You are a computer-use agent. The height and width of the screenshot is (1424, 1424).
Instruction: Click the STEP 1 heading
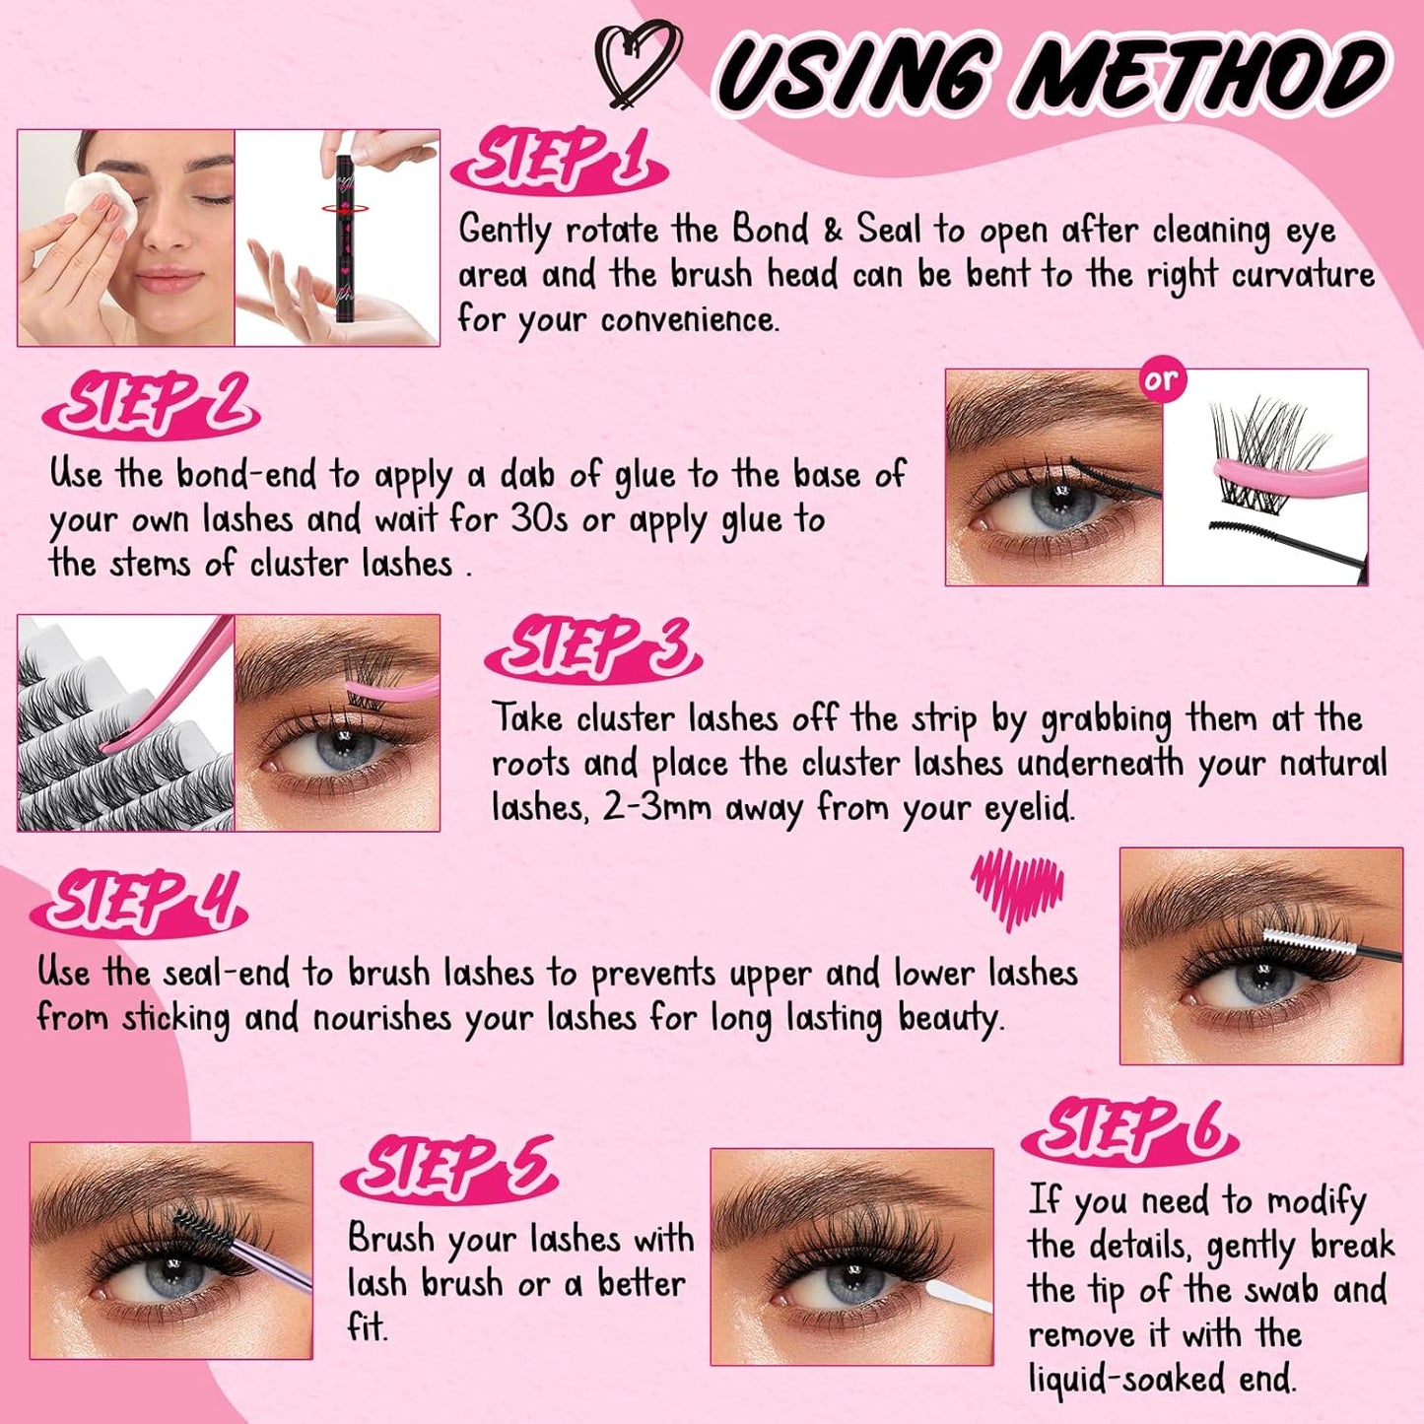[x=559, y=161]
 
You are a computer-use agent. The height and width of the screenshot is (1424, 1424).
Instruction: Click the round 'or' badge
[x=1162, y=380]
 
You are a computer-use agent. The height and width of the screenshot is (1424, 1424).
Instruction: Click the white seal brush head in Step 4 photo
[x=1300, y=937]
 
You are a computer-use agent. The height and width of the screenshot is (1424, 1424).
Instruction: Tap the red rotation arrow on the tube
[x=344, y=209]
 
